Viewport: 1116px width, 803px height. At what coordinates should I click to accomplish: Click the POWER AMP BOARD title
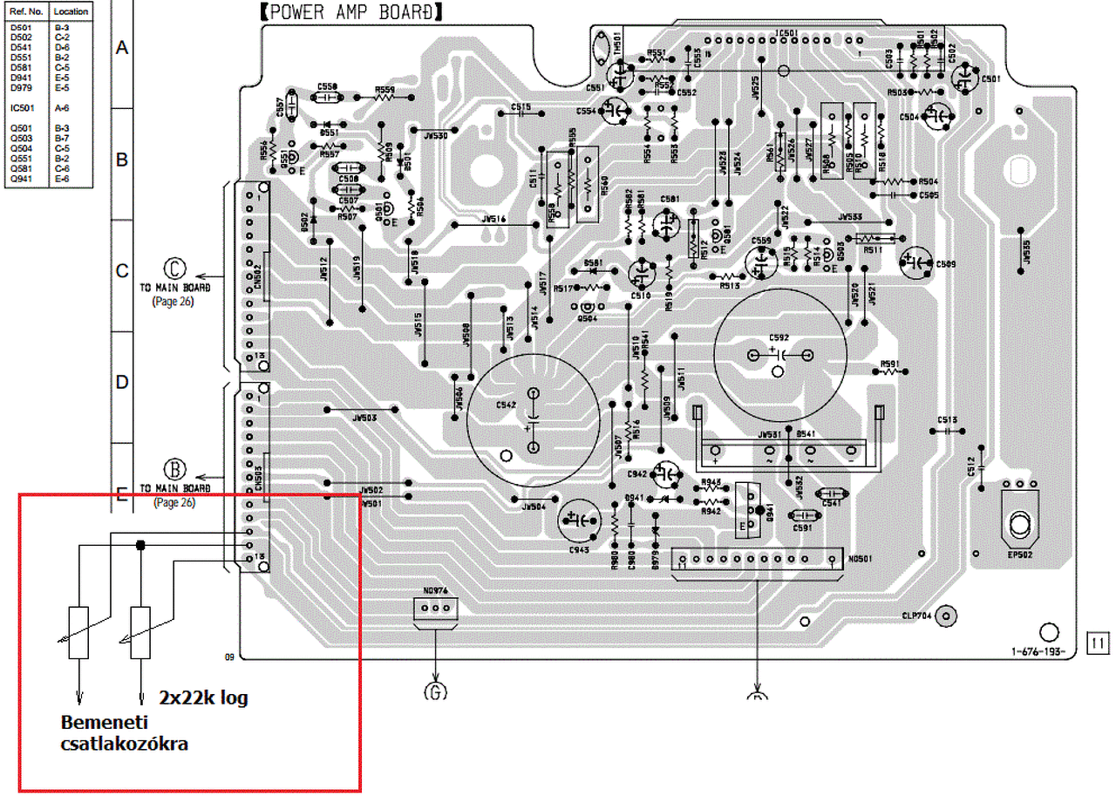click(x=350, y=13)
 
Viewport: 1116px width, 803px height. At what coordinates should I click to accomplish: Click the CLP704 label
click(x=917, y=616)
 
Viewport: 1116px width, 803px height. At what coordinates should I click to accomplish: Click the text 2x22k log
click(x=203, y=698)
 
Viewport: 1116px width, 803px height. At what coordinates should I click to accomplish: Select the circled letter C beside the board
click(x=175, y=267)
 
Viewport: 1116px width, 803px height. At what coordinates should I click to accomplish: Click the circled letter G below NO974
click(x=435, y=693)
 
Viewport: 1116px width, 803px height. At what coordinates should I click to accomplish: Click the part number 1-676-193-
click(x=1038, y=651)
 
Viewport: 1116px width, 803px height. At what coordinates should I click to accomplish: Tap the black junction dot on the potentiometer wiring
click(x=139, y=546)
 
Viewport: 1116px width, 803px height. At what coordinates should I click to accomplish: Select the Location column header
click(x=71, y=13)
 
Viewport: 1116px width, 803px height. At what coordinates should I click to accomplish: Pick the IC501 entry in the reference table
click(x=22, y=108)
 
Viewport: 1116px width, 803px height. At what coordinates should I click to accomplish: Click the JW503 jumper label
click(x=364, y=419)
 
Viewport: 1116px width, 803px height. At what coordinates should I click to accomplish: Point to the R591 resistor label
click(x=889, y=364)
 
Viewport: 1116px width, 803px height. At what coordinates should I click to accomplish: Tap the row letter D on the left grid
click(x=122, y=382)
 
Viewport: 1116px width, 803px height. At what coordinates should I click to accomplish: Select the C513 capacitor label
click(x=948, y=419)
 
